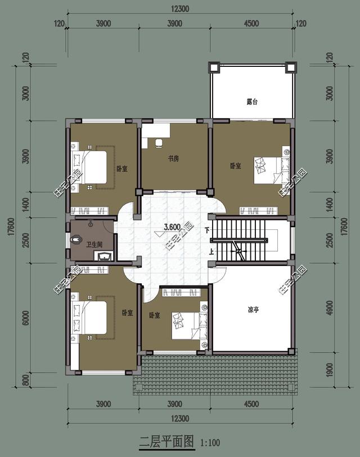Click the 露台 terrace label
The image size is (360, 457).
(x=252, y=102)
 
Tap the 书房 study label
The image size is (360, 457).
(x=173, y=159)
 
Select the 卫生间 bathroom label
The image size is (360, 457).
(x=94, y=244)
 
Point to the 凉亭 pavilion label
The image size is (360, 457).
(x=253, y=310)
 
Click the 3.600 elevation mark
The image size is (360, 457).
(x=172, y=227)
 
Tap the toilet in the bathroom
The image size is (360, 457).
(x=75, y=239)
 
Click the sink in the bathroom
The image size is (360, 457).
(x=103, y=256)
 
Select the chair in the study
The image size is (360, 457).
(x=159, y=143)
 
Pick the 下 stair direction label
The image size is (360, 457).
(x=207, y=230)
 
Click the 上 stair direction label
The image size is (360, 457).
(x=211, y=251)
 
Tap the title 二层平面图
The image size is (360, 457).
(x=166, y=442)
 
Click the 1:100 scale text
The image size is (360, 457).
(x=210, y=443)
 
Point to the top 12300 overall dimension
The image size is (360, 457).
(x=180, y=9)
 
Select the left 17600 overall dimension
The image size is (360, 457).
(x=11, y=227)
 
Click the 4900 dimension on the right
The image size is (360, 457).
(x=330, y=307)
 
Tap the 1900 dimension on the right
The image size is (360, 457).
(x=330, y=369)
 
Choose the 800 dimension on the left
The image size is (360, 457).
(x=26, y=380)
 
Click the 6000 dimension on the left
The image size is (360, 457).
(x=26, y=318)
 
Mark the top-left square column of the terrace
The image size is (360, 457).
(x=214, y=67)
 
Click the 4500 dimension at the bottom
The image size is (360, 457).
(x=251, y=404)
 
